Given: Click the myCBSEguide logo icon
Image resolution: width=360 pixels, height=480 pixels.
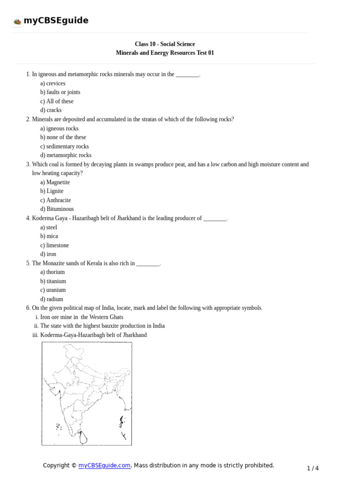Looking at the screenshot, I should point(17,21).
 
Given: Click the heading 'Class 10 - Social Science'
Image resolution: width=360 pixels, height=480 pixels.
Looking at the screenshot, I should point(165,44).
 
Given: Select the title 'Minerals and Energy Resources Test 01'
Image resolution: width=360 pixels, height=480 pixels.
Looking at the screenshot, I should point(165,53).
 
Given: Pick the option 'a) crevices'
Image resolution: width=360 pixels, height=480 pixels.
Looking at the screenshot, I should point(52,83).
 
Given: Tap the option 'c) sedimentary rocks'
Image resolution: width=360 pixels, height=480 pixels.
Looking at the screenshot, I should point(64,146).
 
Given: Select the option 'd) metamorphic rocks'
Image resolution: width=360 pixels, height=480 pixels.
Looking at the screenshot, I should point(66,155).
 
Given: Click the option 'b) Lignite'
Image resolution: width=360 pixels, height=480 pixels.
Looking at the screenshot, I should point(52,191).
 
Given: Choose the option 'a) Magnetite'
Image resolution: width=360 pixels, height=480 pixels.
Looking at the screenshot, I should point(55,182).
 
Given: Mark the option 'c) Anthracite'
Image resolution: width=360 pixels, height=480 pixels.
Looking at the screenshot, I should point(55,200).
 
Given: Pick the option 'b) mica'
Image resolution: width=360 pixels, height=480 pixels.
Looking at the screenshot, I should point(49,236).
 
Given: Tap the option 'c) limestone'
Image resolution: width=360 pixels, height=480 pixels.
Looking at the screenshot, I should point(54,245).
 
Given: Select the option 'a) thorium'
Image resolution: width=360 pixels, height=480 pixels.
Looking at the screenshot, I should point(52,272).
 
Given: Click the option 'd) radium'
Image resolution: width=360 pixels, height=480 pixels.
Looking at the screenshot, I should point(52,299).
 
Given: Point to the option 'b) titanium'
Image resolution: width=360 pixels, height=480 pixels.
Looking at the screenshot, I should point(53,281).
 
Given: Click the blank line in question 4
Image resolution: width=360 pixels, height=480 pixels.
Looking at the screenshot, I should point(215,218).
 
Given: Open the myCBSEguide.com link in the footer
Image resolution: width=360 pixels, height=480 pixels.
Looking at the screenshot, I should point(104,465).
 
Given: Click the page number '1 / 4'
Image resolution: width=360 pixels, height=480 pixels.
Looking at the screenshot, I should point(313,468).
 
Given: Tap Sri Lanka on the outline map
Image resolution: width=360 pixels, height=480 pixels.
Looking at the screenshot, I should point(83,438).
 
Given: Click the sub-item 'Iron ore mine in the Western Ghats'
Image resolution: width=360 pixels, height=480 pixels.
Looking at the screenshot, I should point(82,317).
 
